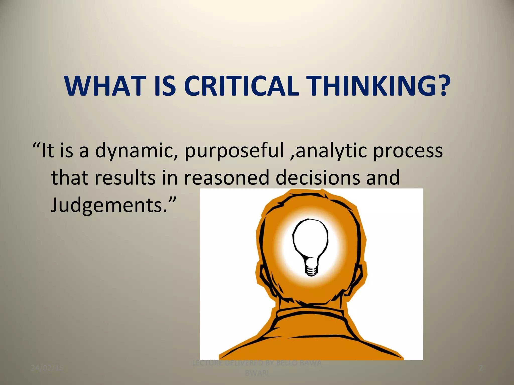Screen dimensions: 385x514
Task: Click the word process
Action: (408, 151)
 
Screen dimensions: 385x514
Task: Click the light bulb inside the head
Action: (310, 241)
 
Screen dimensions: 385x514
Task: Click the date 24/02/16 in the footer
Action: (47, 368)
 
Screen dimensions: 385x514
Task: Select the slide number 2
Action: (481, 368)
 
